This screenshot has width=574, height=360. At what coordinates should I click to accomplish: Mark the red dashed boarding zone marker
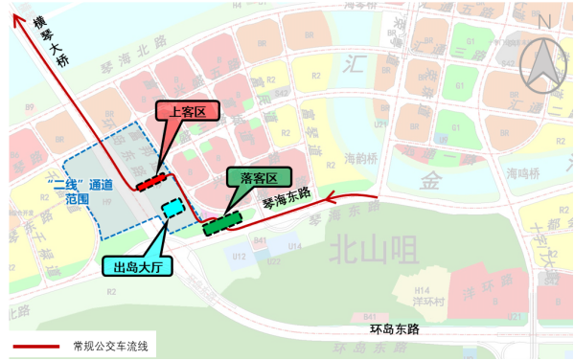[x=151, y=180]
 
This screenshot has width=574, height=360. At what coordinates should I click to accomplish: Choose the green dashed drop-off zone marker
[x=221, y=224]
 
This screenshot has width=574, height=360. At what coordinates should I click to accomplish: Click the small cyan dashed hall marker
[x=172, y=208]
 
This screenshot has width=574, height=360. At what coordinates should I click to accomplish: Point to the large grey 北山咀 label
[x=374, y=251]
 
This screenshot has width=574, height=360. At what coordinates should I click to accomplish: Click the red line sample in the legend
[x=34, y=345]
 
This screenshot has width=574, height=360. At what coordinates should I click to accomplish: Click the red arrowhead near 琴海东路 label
[x=331, y=199]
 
